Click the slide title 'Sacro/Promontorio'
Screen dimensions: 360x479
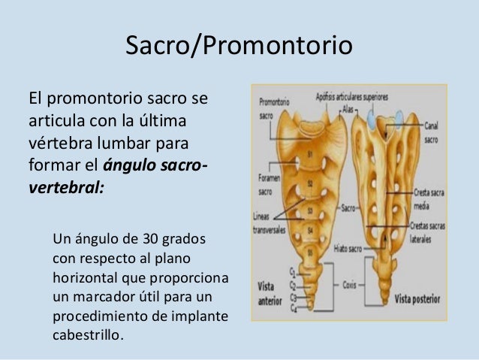click(238, 46)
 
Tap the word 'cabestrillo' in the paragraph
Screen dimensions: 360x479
click(86, 334)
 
